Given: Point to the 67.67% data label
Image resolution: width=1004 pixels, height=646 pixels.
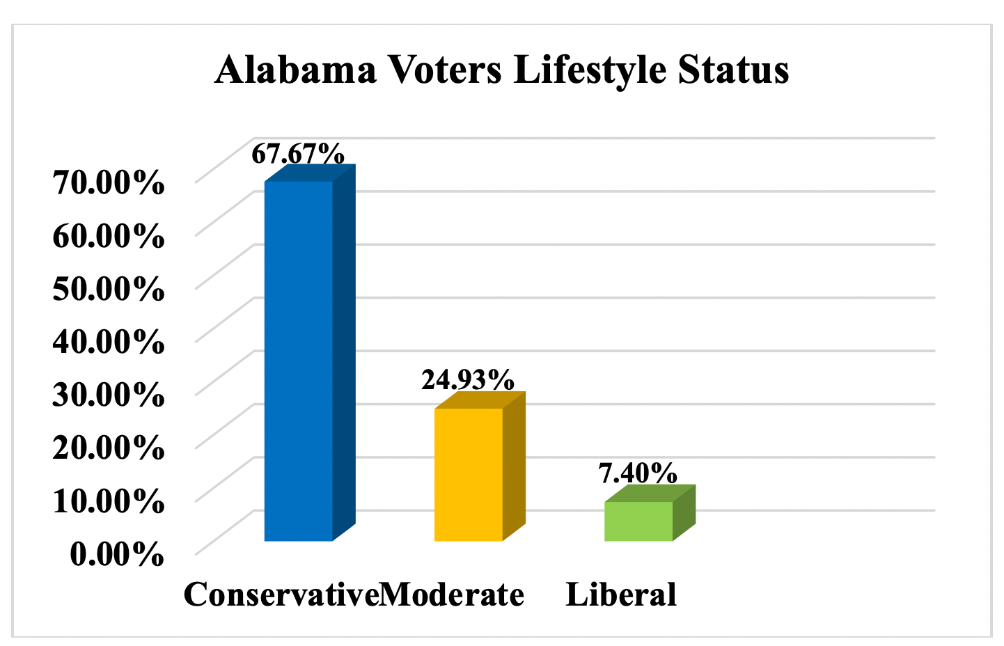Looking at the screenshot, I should pos(297,153).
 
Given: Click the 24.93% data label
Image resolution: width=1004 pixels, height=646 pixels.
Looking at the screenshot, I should pos(468,380).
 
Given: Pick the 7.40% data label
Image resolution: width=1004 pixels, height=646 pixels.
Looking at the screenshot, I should pos(638,473).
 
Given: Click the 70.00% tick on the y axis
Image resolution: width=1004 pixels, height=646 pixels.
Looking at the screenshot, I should pos(109,182).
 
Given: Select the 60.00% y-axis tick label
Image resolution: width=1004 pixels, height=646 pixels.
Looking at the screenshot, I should pos(109,236).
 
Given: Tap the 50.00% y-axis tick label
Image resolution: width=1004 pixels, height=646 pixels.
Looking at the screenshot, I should pos(109,288).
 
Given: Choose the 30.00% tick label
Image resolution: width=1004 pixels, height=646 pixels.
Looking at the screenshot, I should pos(109,395).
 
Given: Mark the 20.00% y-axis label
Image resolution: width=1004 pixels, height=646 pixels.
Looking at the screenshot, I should pos(109,447).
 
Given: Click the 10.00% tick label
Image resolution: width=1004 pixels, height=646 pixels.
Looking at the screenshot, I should pos(109,501).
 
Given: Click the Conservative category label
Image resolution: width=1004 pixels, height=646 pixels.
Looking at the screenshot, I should pos(281,594).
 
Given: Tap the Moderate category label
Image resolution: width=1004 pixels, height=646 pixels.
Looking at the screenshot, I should pos(453,594).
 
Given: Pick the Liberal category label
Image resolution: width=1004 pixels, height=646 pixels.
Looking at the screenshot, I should pos(621,594).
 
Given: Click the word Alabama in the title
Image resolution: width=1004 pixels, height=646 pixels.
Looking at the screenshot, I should pos(296,70).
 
